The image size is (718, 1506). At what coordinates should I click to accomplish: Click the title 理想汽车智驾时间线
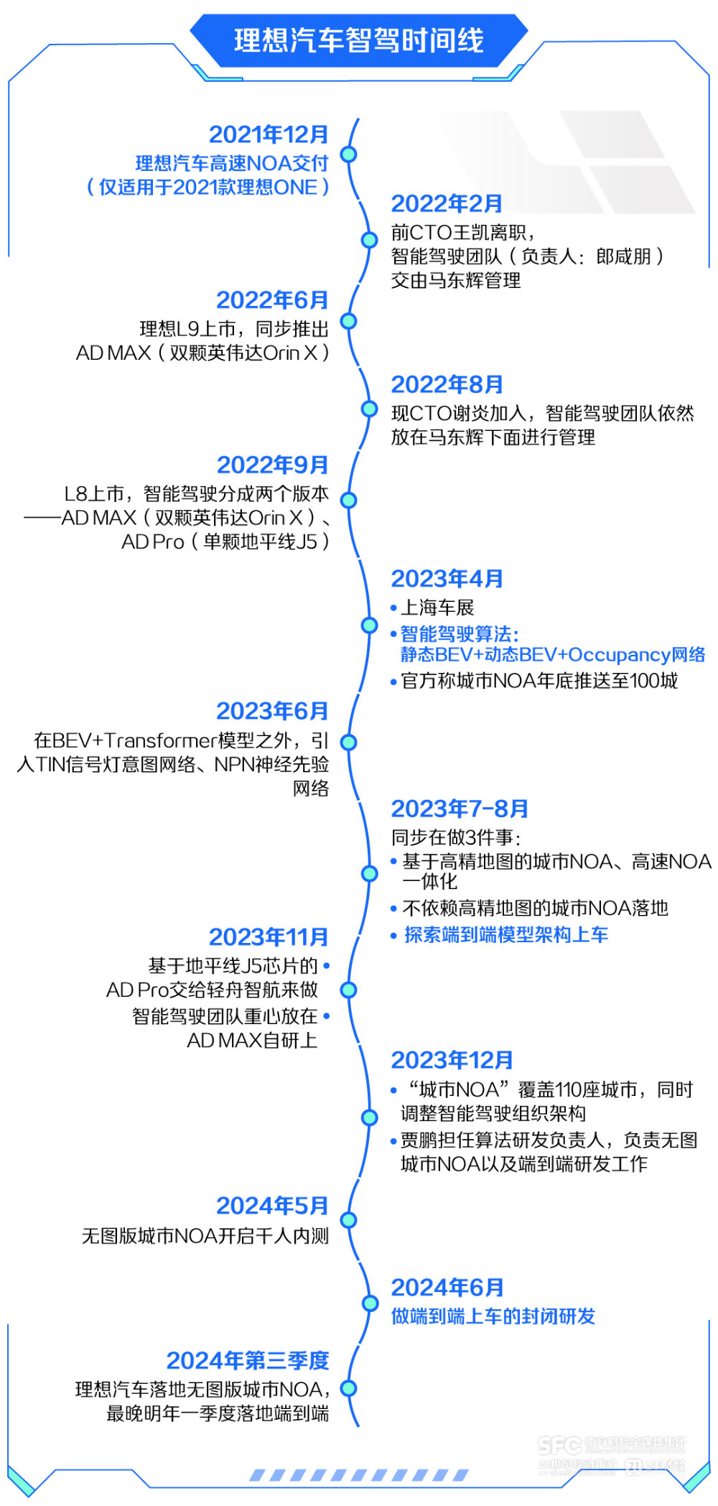359,40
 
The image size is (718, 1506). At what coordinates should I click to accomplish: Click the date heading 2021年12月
269,134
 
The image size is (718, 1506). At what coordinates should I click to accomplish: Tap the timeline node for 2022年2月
369,239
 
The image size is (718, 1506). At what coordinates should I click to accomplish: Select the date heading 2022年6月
272,300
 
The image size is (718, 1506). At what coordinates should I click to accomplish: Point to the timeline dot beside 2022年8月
369,409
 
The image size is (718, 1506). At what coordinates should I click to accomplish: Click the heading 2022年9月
272,465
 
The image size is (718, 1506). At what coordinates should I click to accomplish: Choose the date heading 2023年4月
447,579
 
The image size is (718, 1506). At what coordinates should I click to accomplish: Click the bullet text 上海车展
437,608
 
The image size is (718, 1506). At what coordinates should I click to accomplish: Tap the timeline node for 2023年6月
349,742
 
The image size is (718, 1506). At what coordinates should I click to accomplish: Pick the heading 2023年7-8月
460,809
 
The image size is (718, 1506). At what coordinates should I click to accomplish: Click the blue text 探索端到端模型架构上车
505,935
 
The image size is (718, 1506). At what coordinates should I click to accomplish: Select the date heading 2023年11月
269,937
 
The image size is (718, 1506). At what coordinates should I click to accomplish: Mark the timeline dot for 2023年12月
369,1117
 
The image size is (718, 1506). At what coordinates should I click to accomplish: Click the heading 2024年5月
272,1206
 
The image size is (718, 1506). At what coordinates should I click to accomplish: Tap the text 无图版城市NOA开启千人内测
205,1236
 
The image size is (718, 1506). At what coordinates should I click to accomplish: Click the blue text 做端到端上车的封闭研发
493,1316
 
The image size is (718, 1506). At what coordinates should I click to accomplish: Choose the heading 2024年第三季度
248,1361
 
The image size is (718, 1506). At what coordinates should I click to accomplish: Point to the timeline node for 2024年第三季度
349,1389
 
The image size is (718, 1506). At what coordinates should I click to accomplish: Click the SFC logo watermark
559,1446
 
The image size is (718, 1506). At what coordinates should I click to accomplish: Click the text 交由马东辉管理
456,281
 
